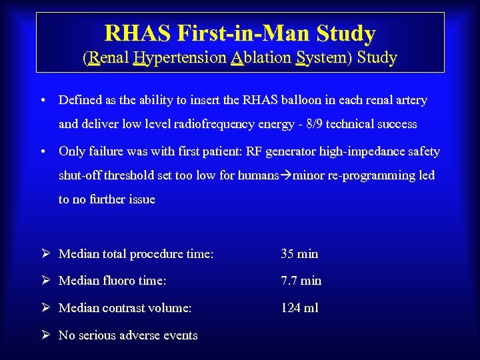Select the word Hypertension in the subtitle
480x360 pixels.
(179, 58)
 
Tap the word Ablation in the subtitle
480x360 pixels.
(261, 58)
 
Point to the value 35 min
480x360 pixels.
(299, 253)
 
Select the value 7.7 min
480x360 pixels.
(301, 281)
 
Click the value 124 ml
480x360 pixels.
(299, 307)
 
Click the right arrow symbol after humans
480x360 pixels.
(287, 175)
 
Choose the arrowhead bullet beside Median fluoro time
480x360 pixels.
(45, 281)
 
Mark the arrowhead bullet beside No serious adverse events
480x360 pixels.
(45, 335)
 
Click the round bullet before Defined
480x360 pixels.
(42, 101)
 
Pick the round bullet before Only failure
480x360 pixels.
(42, 152)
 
